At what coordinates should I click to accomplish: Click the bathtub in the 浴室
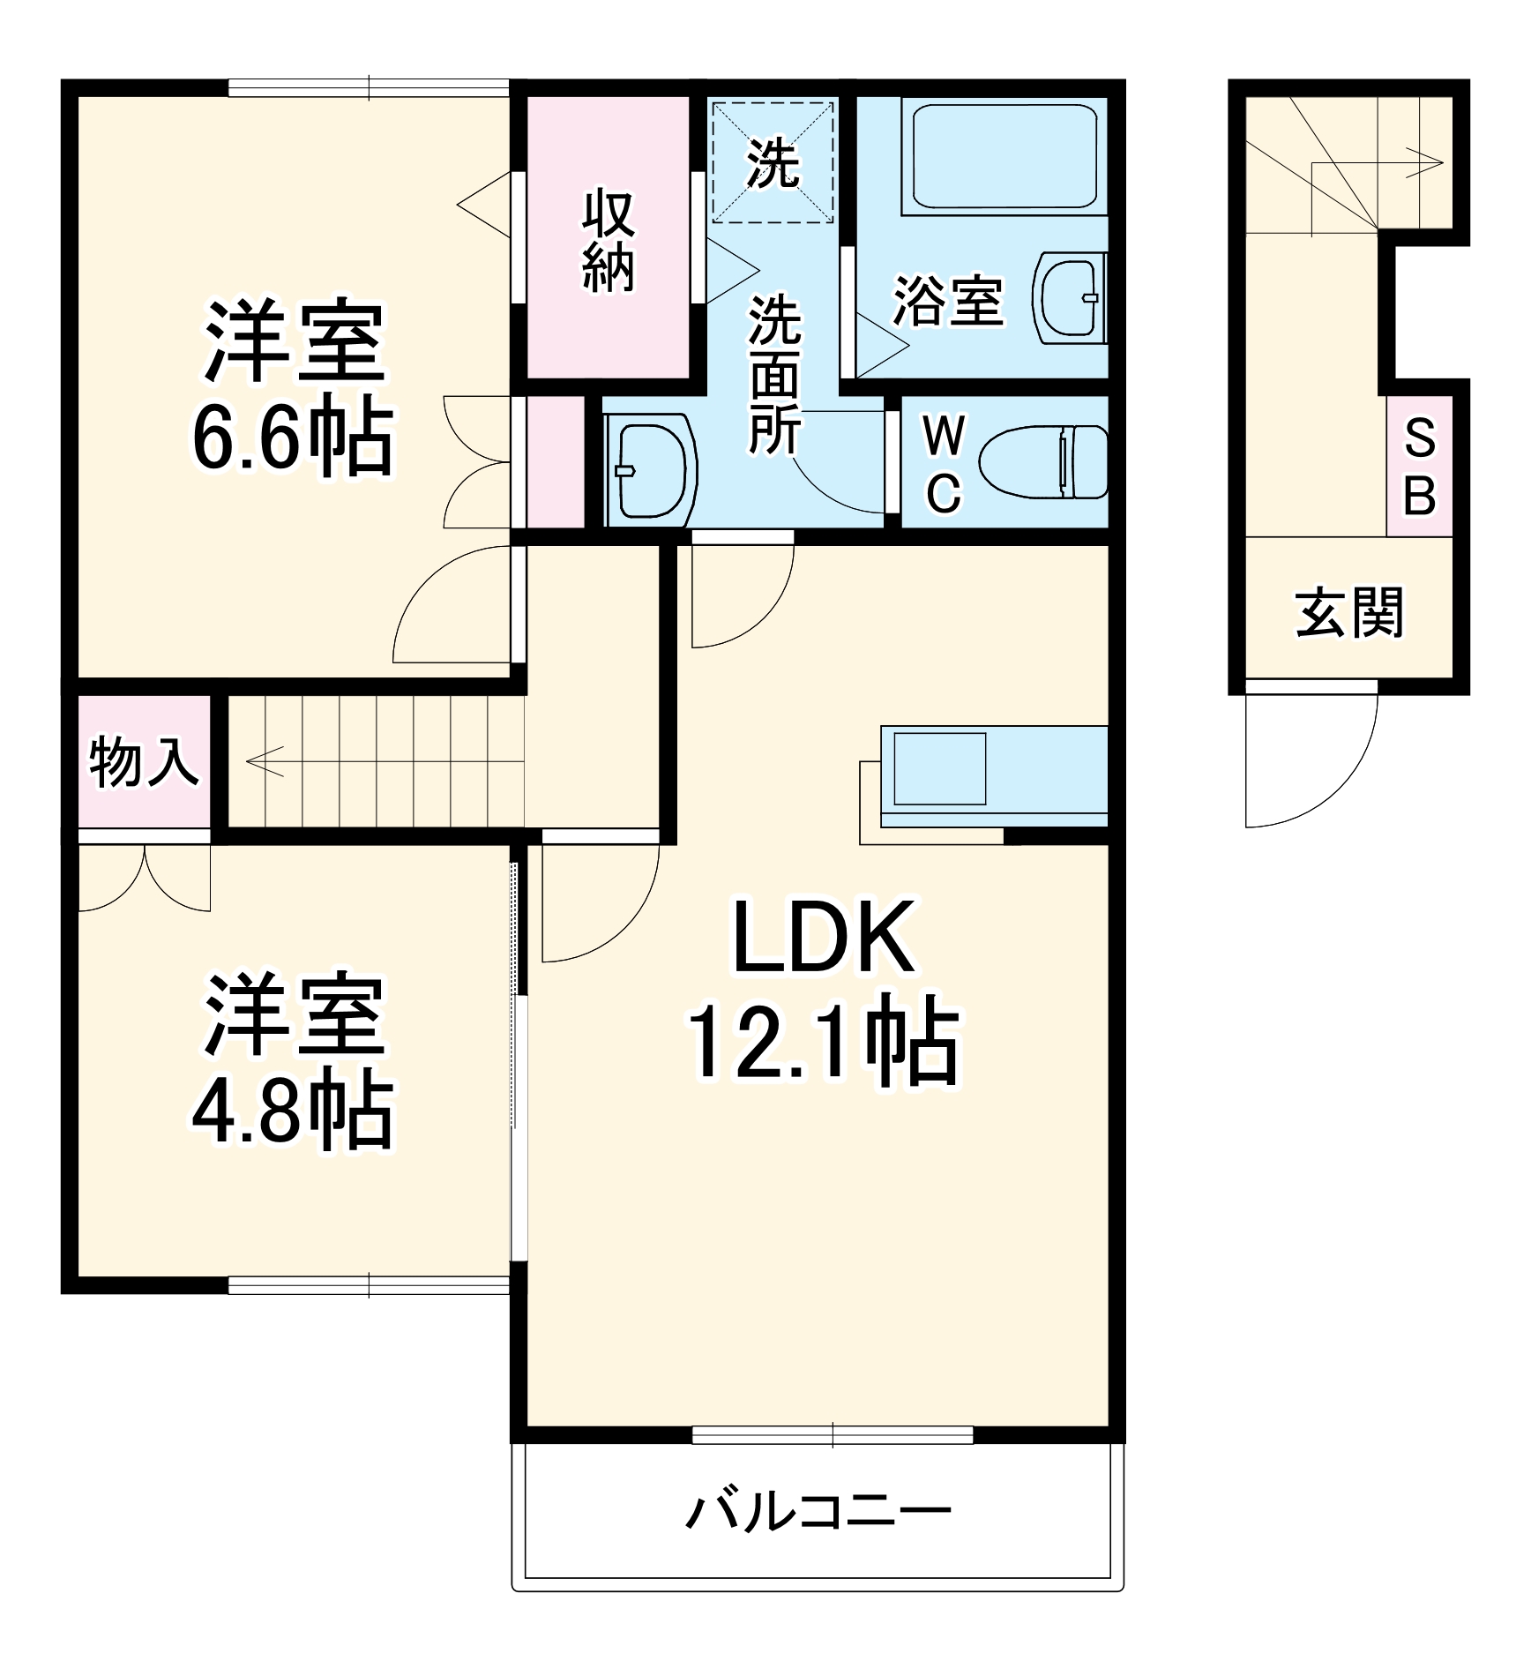coord(1004,157)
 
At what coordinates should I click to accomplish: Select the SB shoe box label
coord(1419,467)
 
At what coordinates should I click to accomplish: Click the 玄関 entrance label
coord(1348,613)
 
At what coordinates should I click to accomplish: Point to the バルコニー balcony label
coord(818,1514)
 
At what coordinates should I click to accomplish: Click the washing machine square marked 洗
coord(773,163)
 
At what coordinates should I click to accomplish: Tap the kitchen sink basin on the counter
coord(939,767)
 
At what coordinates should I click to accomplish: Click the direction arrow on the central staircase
coord(265,759)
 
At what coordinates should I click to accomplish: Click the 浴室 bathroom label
coord(948,301)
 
